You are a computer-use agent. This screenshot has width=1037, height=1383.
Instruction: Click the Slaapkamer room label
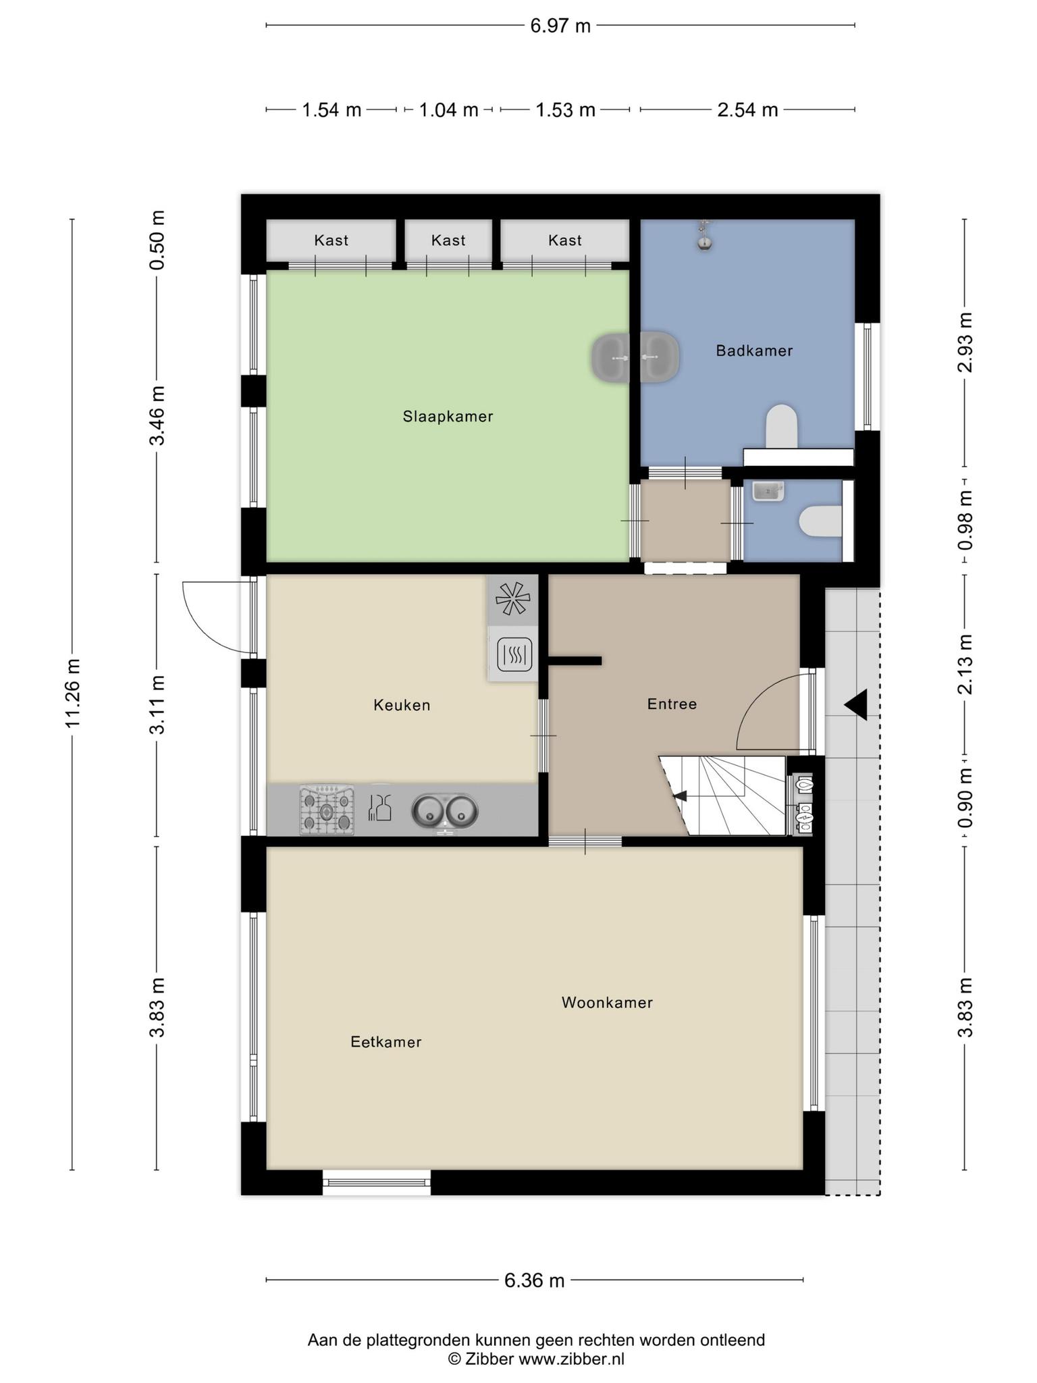(x=448, y=417)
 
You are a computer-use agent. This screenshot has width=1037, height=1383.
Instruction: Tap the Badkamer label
(x=754, y=350)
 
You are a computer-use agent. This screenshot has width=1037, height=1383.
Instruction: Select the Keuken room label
(x=402, y=705)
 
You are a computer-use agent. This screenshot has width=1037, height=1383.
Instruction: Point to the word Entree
(x=672, y=704)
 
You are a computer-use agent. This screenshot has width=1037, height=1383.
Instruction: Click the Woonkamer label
(x=607, y=1003)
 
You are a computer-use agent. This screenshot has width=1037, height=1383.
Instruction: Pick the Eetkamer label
(x=385, y=1042)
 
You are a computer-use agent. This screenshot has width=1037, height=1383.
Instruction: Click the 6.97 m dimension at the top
(x=560, y=26)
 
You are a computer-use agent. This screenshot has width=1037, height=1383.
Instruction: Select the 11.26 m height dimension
(x=72, y=693)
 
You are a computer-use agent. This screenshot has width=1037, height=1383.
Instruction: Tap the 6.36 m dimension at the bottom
(x=534, y=1280)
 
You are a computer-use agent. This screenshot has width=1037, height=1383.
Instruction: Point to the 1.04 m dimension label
(x=448, y=109)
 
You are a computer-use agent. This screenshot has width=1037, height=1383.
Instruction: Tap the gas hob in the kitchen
(x=327, y=810)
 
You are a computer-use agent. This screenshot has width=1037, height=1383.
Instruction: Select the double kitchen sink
(x=445, y=812)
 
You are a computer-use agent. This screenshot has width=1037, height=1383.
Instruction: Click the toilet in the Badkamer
(x=782, y=426)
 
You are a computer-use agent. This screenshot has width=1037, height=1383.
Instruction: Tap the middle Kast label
(x=448, y=240)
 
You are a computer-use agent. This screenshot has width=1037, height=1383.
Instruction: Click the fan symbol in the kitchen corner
(x=513, y=598)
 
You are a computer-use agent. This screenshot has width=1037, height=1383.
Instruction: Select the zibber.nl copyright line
(x=536, y=1359)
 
